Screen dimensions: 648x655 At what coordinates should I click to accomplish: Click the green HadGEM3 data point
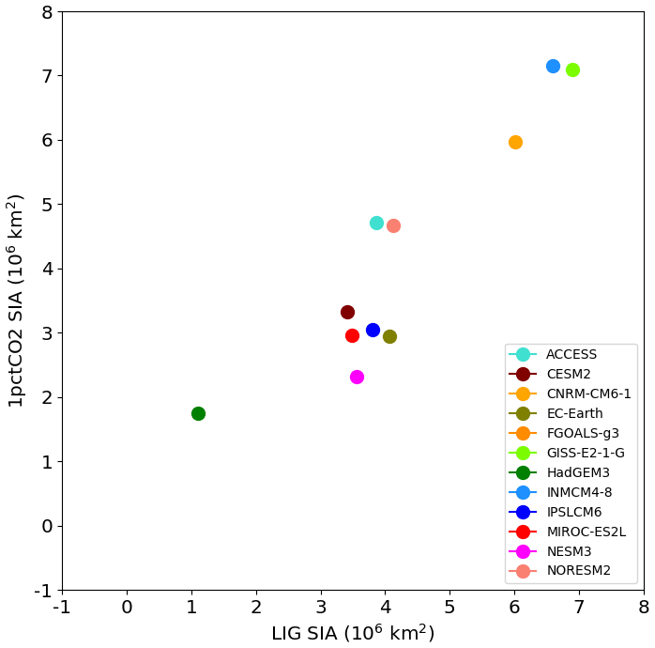tap(198, 413)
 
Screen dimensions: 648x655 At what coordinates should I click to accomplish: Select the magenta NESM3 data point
tap(357, 377)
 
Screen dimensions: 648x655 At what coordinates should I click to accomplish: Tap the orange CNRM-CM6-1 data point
tap(515, 142)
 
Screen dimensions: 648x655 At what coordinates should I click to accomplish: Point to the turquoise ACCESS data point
tap(376, 223)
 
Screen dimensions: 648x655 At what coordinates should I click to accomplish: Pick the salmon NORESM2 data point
tap(393, 225)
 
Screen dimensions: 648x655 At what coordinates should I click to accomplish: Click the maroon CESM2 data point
tap(347, 312)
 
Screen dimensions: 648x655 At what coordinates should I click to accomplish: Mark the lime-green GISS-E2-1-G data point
tap(572, 69)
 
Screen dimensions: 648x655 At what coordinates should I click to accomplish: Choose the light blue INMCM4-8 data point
tap(553, 66)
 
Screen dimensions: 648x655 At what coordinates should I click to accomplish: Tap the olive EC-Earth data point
tap(389, 336)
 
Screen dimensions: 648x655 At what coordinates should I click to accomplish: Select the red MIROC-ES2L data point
tap(352, 335)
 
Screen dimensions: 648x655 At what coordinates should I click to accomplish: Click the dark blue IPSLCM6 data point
tap(373, 330)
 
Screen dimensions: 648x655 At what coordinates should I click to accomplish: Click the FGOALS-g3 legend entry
tap(582, 433)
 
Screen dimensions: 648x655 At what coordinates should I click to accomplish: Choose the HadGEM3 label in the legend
tap(571, 472)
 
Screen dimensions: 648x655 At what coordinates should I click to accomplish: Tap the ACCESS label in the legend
tap(571, 354)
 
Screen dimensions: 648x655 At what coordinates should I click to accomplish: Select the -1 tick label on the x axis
tap(62, 607)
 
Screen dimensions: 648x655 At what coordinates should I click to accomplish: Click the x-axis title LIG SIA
tap(353, 633)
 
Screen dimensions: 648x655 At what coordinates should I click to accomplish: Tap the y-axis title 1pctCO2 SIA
tap(16, 301)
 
